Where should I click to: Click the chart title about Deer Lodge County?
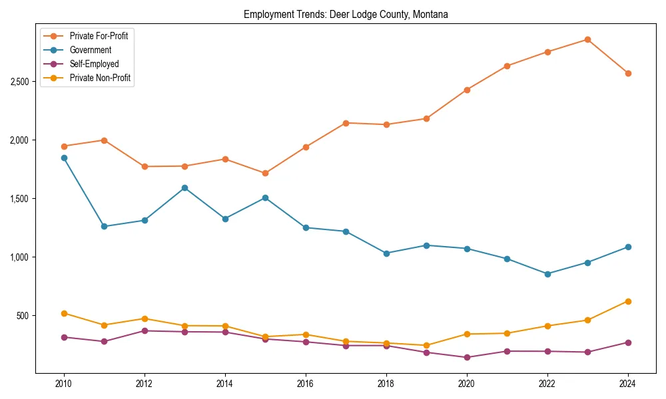coord(346,14)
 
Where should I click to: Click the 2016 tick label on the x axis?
coord(305,384)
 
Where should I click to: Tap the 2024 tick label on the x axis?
coord(628,384)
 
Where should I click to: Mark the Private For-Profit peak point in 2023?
coord(587,39)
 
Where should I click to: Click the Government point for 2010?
coord(64,158)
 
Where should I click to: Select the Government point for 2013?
coord(184,188)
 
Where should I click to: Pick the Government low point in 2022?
coord(547,273)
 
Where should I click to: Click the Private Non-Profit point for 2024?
coord(628,301)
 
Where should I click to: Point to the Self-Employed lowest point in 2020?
coord(467,357)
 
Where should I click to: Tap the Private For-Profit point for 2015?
coord(265,173)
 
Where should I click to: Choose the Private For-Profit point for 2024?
coord(628,73)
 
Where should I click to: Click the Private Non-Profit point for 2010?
coord(64,313)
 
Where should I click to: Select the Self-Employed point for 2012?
coord(145,331)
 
